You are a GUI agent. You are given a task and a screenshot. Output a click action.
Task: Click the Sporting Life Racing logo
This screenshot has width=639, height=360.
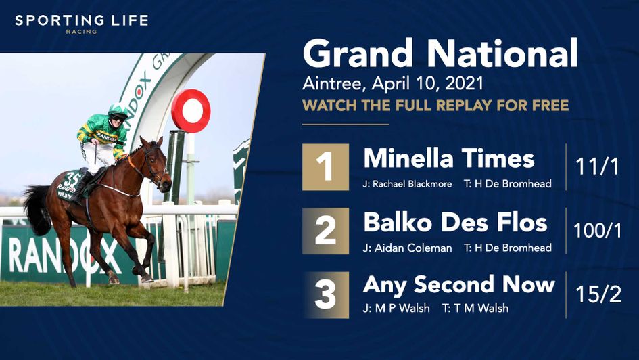coord(81,22)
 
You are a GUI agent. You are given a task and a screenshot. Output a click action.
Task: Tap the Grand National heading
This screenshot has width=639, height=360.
coord(440,54)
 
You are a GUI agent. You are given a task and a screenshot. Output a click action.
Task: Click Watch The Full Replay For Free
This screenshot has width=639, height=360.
coord(435,106)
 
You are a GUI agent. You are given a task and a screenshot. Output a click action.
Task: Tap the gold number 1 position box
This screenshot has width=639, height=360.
coord(326,166)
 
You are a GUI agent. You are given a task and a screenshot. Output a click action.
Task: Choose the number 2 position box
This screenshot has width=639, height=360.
coord(326,231)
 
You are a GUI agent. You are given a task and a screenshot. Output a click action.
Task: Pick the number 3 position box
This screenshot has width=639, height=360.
coord(326,295)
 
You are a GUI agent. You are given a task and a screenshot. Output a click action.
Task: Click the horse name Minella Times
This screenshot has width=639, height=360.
coord(449,158)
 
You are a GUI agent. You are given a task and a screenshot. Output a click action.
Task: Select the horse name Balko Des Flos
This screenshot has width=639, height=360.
coord(455,222)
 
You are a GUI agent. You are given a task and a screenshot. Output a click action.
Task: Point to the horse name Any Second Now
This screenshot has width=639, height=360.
coord(458,285)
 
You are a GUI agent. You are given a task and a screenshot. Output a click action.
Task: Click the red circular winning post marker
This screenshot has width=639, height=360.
coord(191,110)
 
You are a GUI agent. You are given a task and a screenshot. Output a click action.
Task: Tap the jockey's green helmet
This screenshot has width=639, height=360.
coord(117,110)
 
